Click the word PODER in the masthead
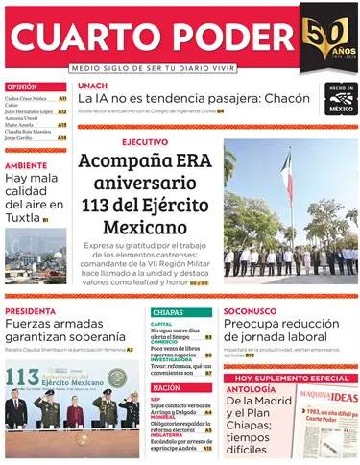(x=227, y=38)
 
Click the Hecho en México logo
(x=340, y=99)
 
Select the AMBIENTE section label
(x=26, y=164)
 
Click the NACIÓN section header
(x=166, y=387)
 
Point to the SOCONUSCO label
(x=250, y=312)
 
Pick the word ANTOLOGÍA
(x=251, y=390)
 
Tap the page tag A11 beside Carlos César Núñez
(x=62, y=98)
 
